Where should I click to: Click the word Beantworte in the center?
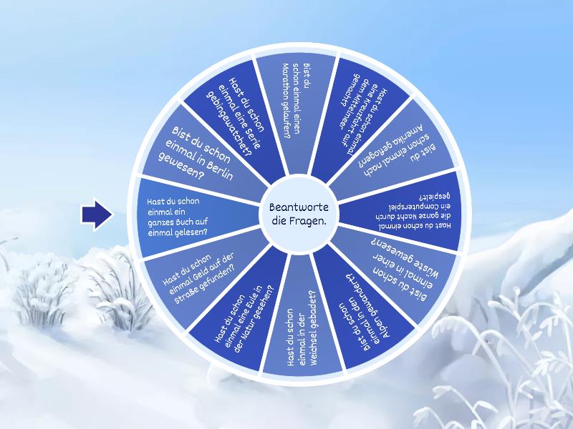pyautogui.click(x=299, y=207)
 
